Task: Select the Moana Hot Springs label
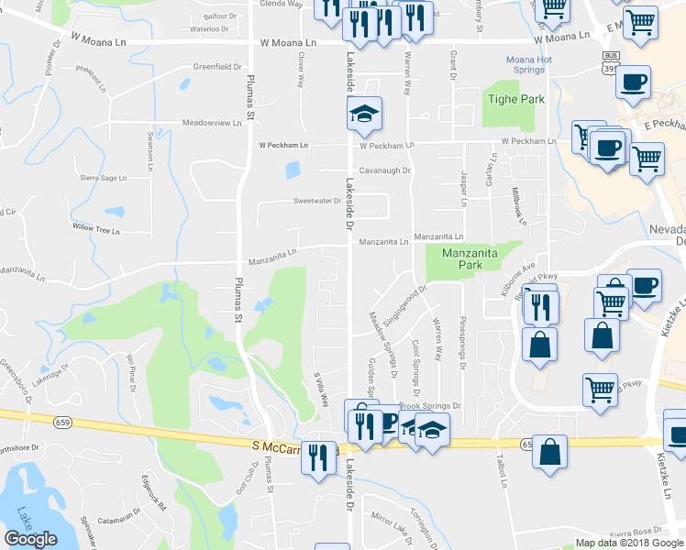pos(529,64)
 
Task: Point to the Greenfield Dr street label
pos(216,67)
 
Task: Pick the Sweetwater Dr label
pos(316,201)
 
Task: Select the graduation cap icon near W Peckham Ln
pos(364,115)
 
